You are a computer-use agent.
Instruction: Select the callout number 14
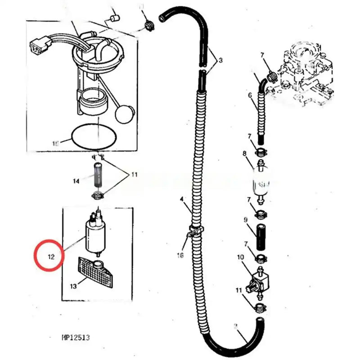click(76, 181)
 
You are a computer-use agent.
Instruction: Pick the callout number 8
click(245, 153)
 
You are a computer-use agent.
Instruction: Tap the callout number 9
click(246, 220)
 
